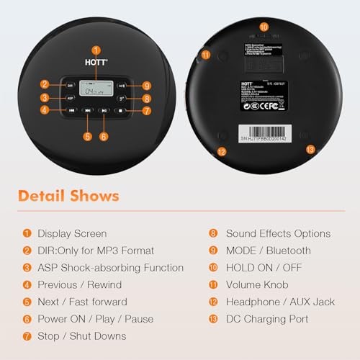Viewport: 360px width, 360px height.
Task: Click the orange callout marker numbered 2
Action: pos(45,85)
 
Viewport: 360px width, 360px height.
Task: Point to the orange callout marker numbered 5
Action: pos(87,136)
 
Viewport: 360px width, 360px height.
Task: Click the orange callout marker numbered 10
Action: pos(264,27)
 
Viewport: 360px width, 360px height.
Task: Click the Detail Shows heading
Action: pos(68,196)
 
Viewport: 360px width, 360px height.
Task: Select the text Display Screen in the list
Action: pos(72,233)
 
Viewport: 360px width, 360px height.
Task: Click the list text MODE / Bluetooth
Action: pos(269,251)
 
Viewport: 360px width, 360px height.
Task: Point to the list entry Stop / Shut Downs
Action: pos(81,336)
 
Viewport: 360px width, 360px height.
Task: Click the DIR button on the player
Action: pos(71,85)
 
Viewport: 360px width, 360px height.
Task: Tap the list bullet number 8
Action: pos(213,233)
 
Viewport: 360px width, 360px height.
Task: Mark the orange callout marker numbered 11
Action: pos(206,54)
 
